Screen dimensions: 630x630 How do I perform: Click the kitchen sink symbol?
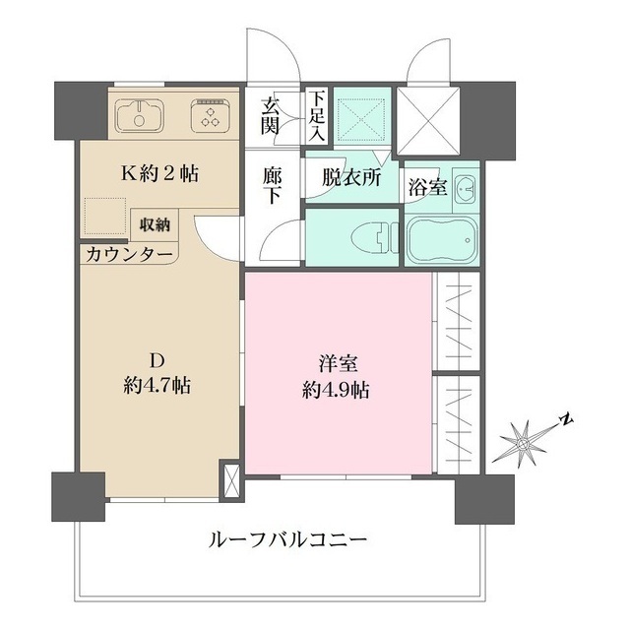coord(142,114)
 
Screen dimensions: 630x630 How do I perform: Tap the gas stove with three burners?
coord(211,114)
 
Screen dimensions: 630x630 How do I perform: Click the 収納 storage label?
coord(155,224)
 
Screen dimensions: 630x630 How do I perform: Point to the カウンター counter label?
coord(129,255)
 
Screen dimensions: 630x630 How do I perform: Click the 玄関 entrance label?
coord(270,115)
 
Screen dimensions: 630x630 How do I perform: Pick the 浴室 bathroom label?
coord(429,186)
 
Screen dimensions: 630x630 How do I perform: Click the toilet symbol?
coord(367,237)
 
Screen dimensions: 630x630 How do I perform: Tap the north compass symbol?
coord(524,440)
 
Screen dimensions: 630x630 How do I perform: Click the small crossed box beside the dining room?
coord(232,480)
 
